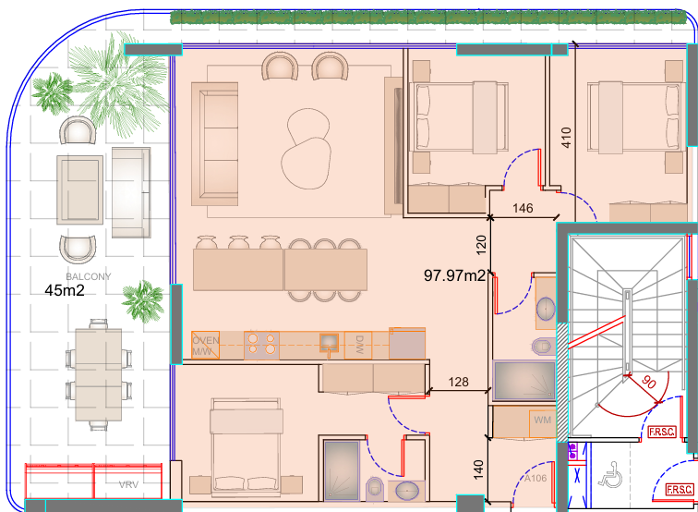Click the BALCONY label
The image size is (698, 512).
pos(88,276)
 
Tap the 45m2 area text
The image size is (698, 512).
pos(65,290)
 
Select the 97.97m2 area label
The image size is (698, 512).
pos(454,275)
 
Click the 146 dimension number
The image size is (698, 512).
pos(523,208)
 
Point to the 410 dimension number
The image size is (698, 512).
pos(566,138)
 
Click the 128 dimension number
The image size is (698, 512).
pos(459,382)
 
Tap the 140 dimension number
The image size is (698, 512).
pos(478,469)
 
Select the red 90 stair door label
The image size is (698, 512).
pos(648,382)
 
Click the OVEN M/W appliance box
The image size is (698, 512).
pos(205,345)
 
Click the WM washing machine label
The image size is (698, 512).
pos(542,420)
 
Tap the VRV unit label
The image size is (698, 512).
pos(128,484)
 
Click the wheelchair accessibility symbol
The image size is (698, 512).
pos(610,474)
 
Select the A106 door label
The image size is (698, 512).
pos(536,479)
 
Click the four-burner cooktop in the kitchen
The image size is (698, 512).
pos(261,345)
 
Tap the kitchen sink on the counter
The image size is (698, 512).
pos(329,343)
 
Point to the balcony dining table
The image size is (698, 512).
pos(99,374)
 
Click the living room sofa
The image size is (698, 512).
pos(214,144)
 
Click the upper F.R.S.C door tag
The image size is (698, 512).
pos(662,432)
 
